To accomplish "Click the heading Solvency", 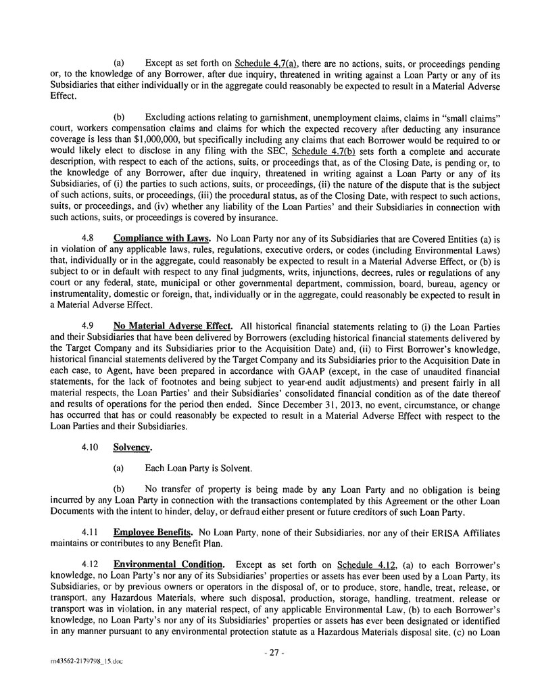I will click(132, 447).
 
